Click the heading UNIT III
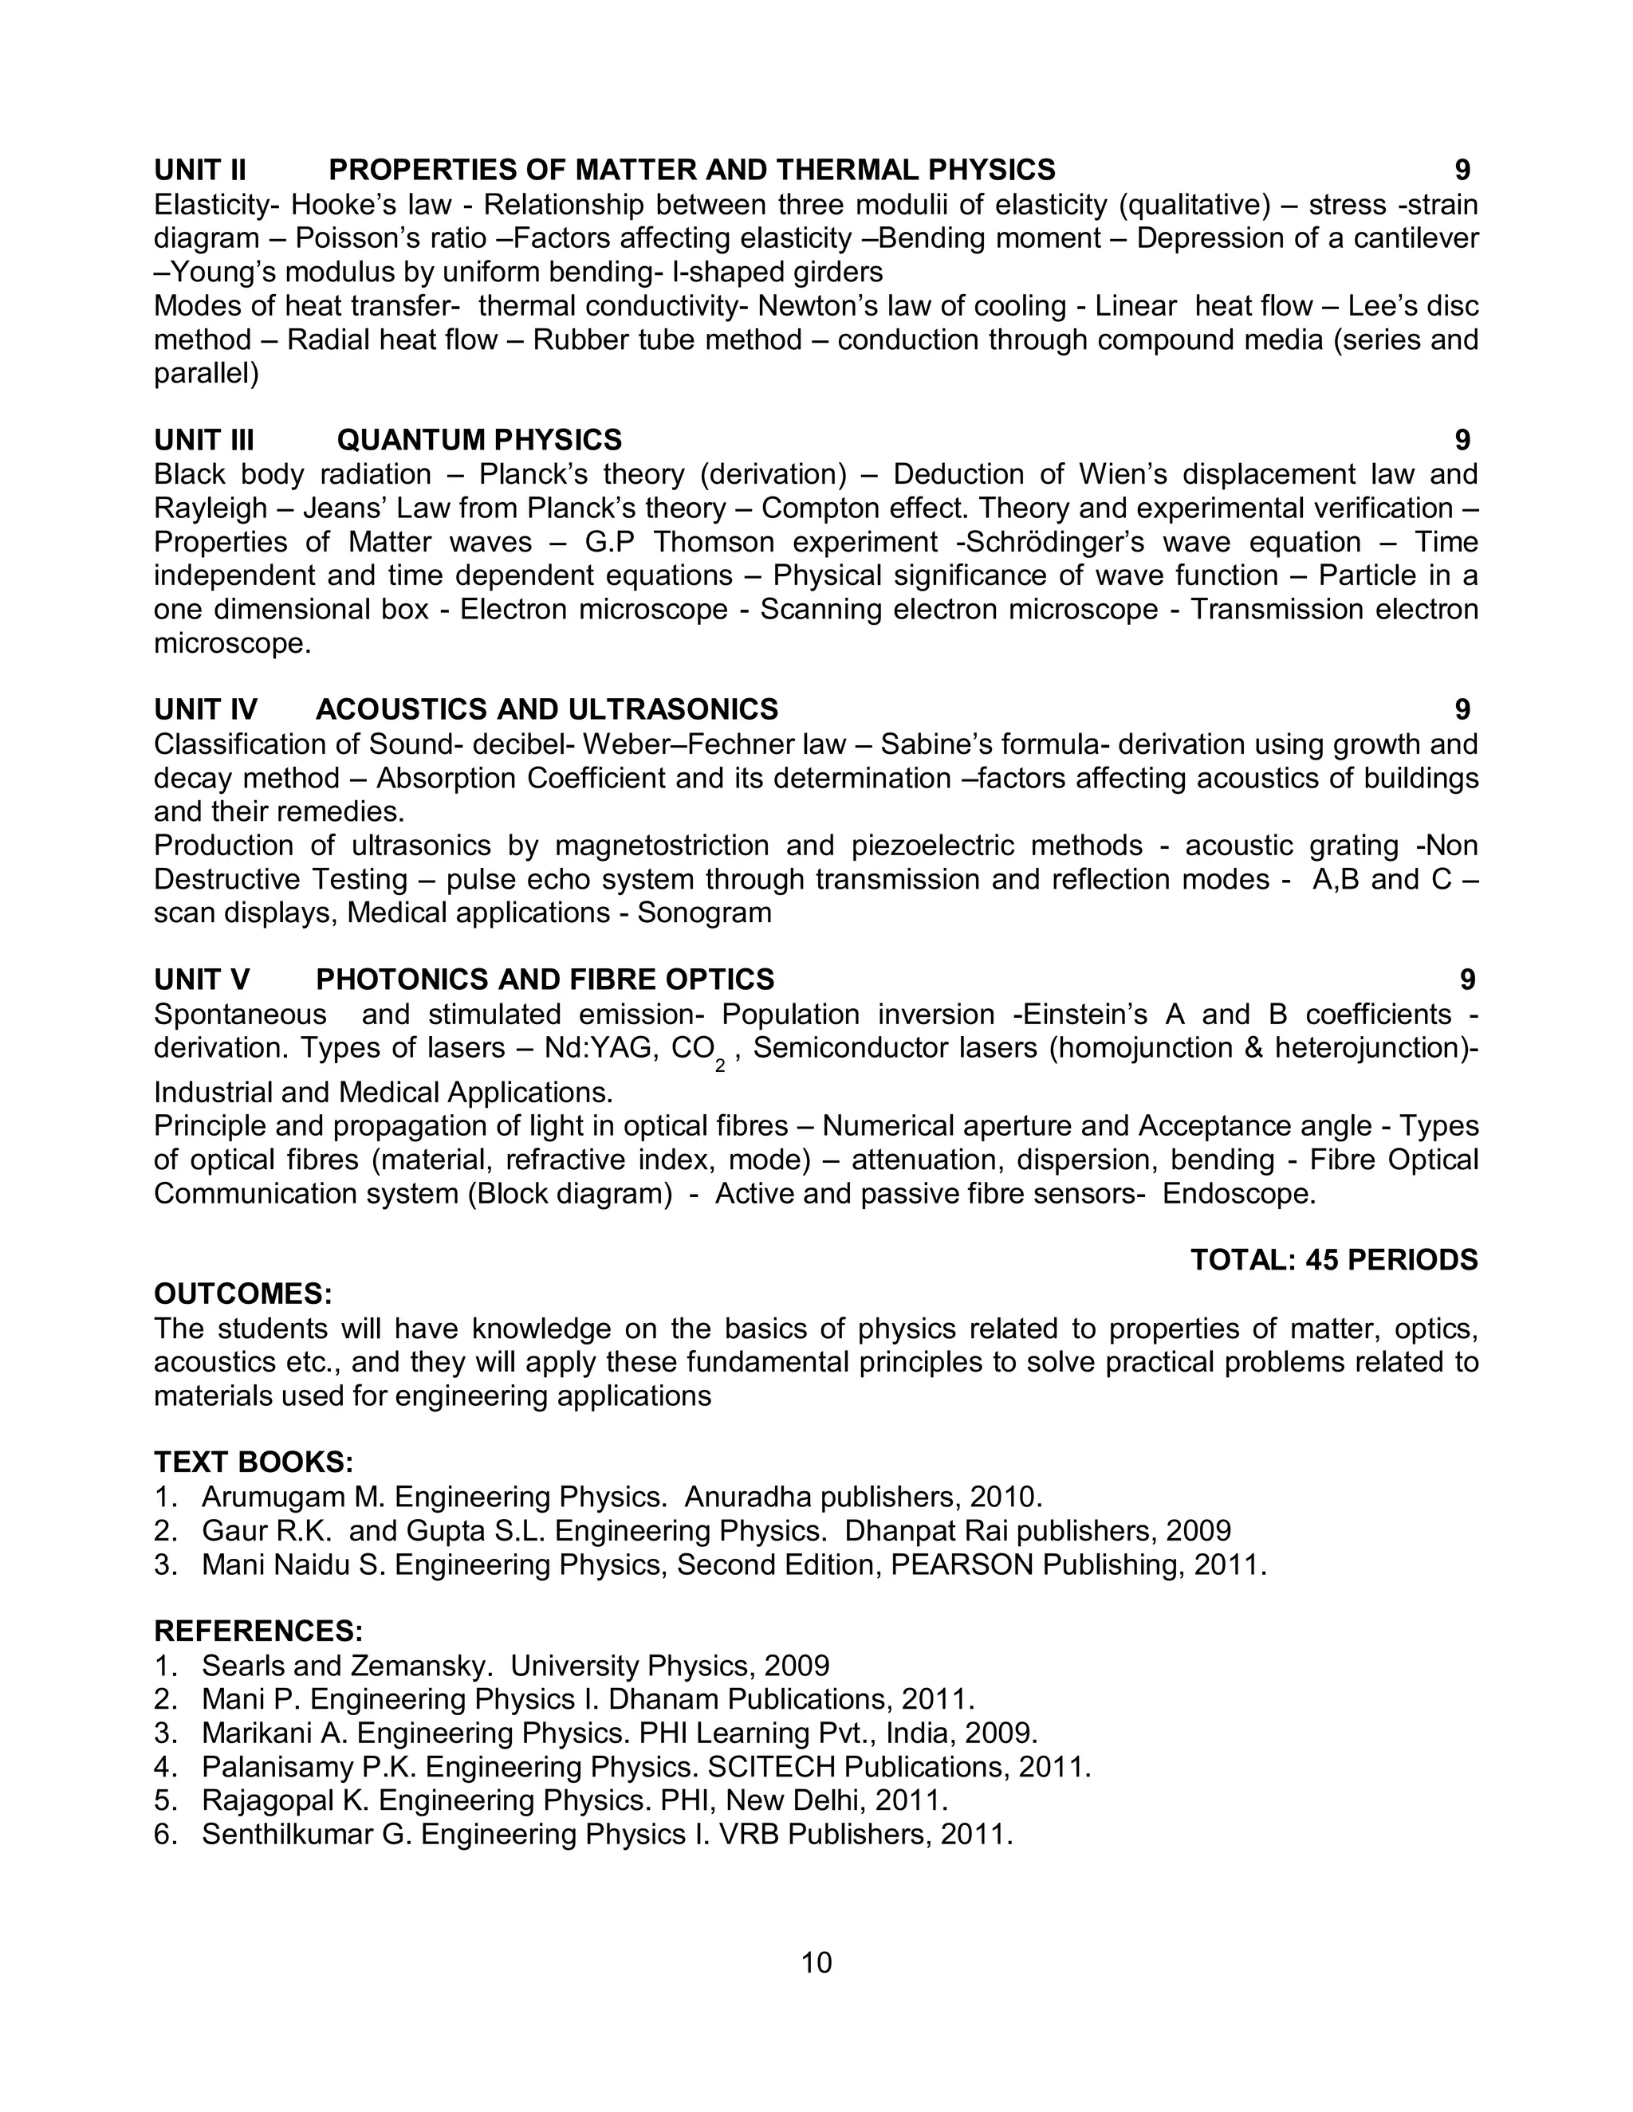pos(203,440)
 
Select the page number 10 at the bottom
pos(816,1962)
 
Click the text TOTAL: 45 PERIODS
pos(1333,1260)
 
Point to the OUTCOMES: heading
pos(243,1294)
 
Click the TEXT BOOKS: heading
pos(254,1461)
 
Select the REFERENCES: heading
pos(258,1631)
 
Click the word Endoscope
pos(1238,1193)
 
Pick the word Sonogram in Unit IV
pos(704,913)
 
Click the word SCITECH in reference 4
pos(771,1767)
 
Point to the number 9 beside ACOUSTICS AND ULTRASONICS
pos(1462,710)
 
